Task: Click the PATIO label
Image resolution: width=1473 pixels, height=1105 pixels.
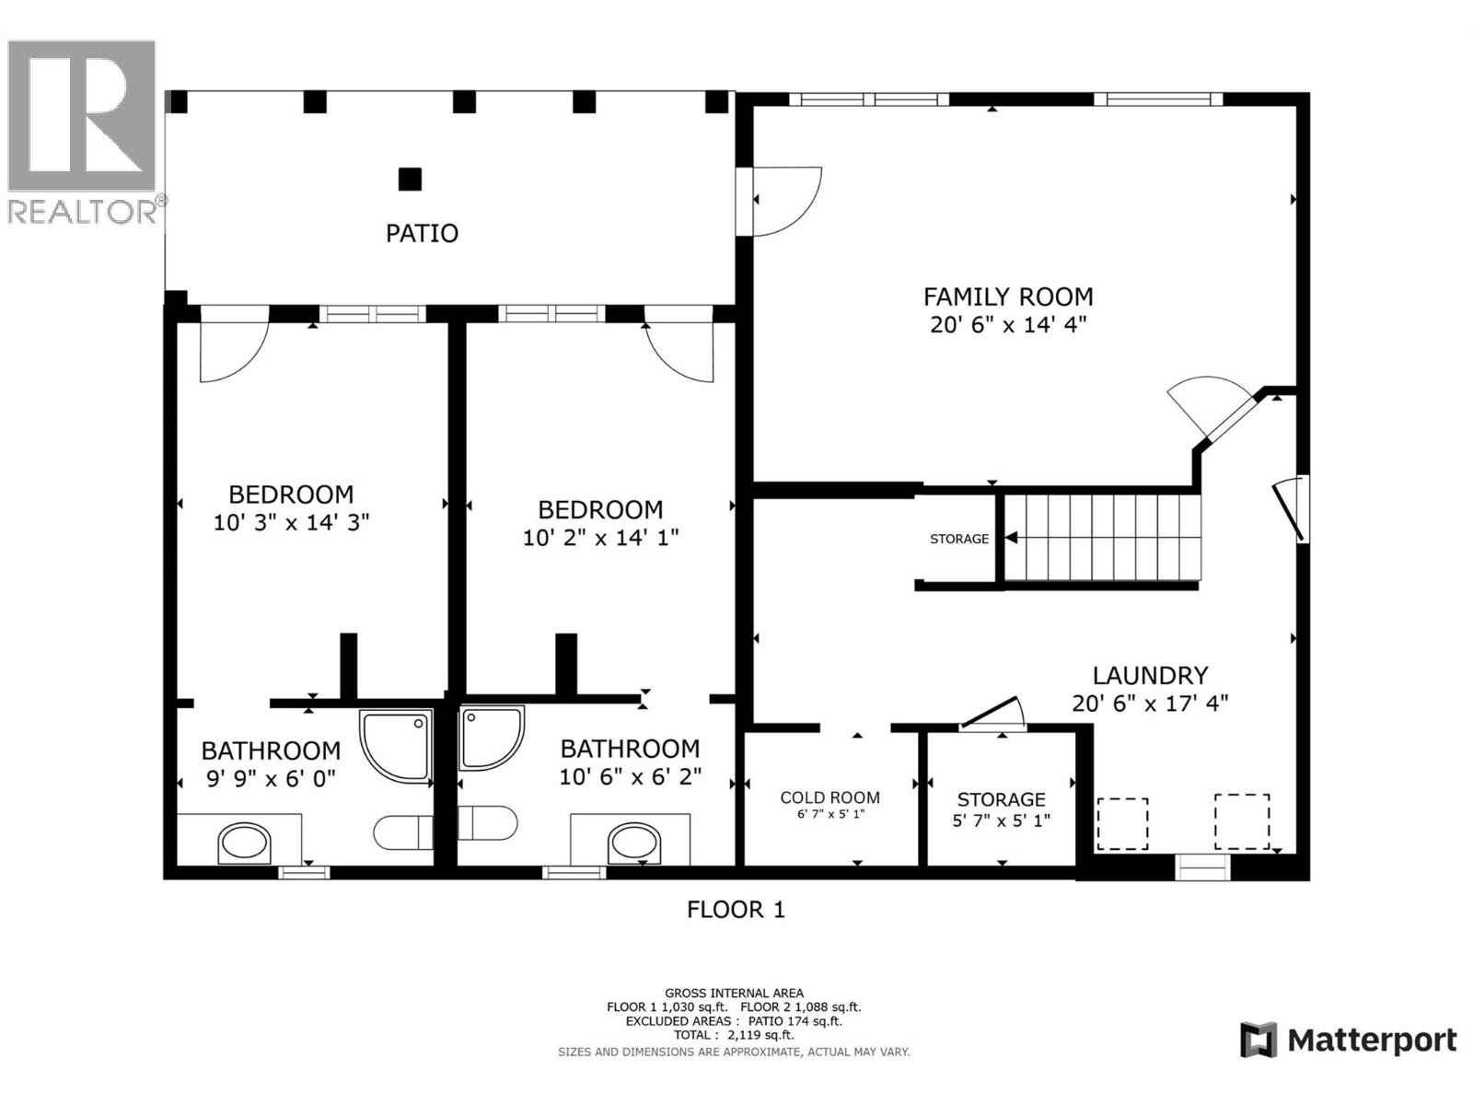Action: pos(422,234)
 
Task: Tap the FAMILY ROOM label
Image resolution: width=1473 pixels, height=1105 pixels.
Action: pos(1008,297)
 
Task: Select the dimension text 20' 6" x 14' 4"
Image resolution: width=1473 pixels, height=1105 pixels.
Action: pos(1008,325)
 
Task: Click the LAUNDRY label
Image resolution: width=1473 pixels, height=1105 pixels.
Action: pos(1150,675)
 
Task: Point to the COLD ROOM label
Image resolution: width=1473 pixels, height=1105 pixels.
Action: pos(830,797)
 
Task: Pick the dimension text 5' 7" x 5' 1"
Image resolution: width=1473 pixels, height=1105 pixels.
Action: pos(1002,820)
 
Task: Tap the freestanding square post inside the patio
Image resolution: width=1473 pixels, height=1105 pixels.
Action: pos(410,180)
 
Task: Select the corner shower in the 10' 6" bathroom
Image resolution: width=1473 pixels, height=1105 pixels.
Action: pos(492,738)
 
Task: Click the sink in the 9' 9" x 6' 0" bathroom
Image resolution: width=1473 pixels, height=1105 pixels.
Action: pos(244,843)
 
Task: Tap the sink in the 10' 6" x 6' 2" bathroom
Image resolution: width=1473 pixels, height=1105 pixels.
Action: pos(634,844)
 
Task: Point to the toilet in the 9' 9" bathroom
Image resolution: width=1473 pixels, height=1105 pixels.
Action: pos(403,832)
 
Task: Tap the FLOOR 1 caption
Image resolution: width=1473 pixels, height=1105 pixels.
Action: pos(736,910)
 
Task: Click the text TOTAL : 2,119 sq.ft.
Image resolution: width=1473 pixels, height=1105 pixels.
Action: pos(734,1035)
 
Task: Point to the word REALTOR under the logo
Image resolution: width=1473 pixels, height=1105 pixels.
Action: pos(82,212)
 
